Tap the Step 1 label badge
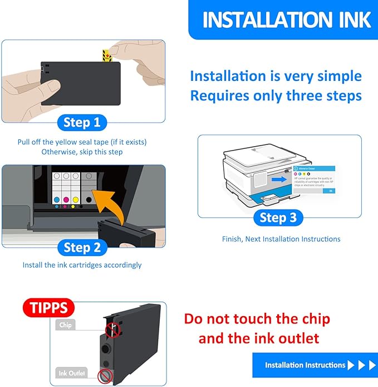click(82, 122)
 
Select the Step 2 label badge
click(82, 247)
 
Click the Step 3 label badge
click(278, 217)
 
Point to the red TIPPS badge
click(49, 307)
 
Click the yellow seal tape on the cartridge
click(105, 56)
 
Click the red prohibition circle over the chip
click(114, 330)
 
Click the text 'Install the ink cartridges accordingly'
click(82, 265)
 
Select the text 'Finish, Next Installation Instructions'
click(281, 239)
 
